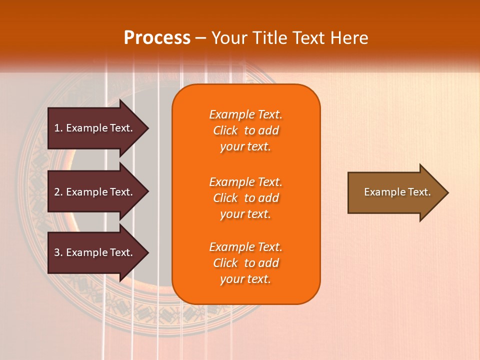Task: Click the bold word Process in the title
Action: pyautogui.click(x=157, y=38)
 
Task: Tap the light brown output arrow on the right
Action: pyautogui.click(x=395, y=192)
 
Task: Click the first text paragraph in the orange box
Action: pyautogui.click(x=245, y=130)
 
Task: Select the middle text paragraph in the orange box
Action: pyautogui.click(x=245, y=198)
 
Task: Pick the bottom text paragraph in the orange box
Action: pyautogui.click(x=245, y=263)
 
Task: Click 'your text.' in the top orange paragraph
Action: pyautogui.click(x=245, y=146)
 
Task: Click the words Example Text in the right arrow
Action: pyautogui.click(x=397, y=192)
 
